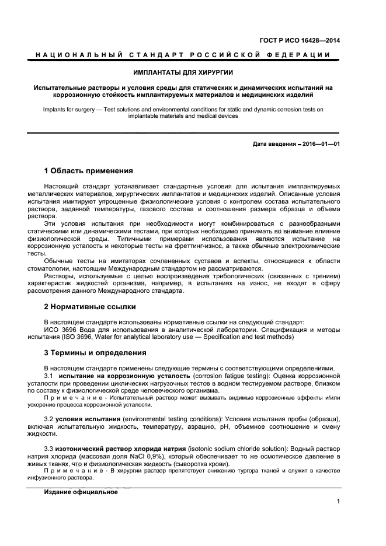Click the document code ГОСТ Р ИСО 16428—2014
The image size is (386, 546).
(298, 40)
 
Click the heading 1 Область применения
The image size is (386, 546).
(88, 171)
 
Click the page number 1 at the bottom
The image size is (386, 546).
(338, 501)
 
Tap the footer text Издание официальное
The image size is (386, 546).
(81, 492)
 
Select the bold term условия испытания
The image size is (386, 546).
(88, 419)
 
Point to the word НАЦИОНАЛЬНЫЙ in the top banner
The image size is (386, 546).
(75, 55)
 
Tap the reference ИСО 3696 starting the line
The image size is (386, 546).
(57, 330)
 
